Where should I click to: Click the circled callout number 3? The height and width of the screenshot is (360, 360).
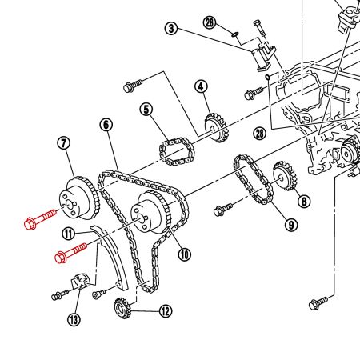pyautogui.click(x=170, y=30)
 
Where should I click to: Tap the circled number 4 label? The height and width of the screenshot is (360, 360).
pyautogui.click(x=200, y=86)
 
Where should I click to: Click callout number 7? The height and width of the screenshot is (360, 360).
pyautogui.click(x=65, y=144)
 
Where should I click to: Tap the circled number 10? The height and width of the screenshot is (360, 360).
pyautogui.click(x=185, y=255)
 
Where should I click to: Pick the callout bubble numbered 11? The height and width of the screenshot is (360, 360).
pyautogui.click(x=70, y=233)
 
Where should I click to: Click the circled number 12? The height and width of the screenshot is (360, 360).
pyautogui.click(x=165, y=311)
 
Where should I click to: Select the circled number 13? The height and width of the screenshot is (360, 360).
pyautogui.click(x=74, y=320)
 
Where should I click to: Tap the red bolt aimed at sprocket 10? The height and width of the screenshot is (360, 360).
pyautogui.click(x=70, y=253)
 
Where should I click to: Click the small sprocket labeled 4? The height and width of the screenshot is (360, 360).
pyautogui.click(x=214, y=126)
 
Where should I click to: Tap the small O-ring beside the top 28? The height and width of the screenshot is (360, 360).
pyautogui.click(x=233, y=34)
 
